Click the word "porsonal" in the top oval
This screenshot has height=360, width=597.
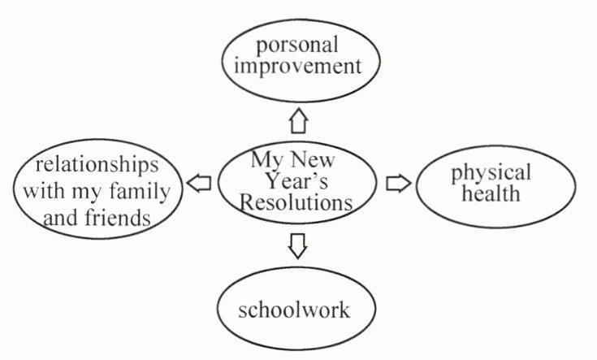(296, 44)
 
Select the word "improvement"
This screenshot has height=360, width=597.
(296, 66)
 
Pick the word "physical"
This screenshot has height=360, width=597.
(491, 172)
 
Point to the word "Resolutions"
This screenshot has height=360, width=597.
(297, 201)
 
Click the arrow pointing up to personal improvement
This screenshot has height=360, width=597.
(299, 121)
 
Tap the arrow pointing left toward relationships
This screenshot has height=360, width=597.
(199, 184)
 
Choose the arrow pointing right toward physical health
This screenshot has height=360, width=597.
(398, 183)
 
